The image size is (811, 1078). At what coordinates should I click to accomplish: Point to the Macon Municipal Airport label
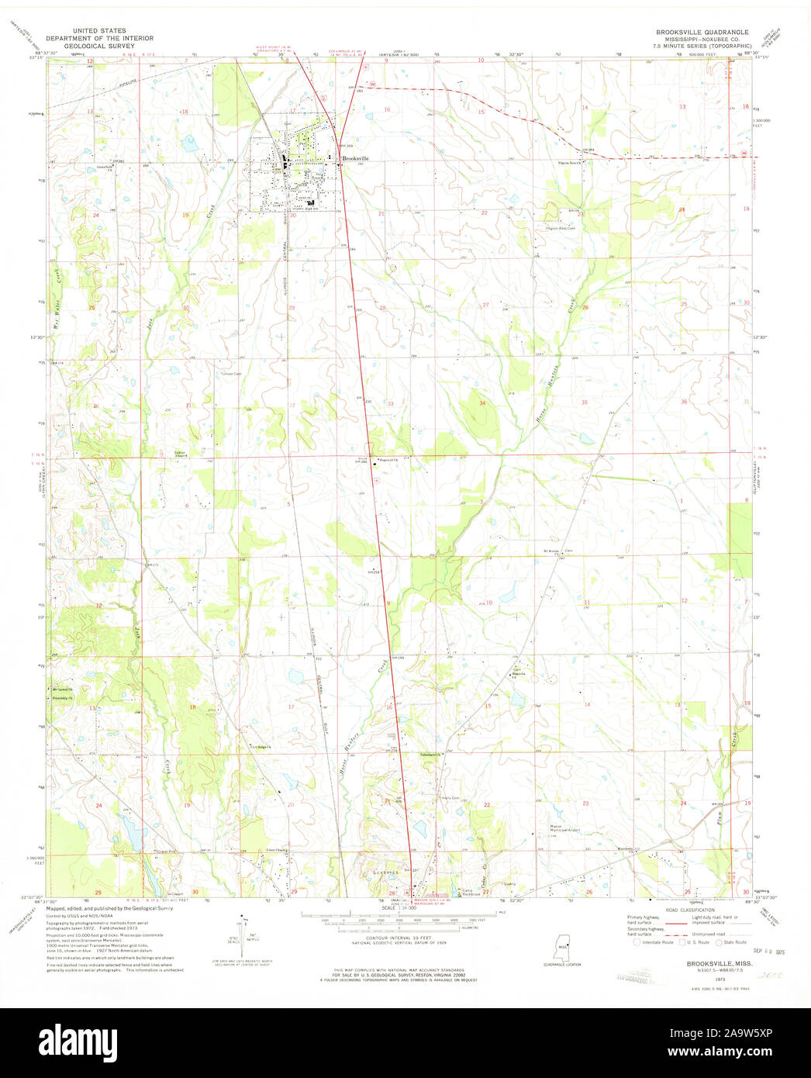point(566,828)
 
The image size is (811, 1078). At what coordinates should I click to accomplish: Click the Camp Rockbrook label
point(472,892)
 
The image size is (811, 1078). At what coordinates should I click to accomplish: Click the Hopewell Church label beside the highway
point(387,458)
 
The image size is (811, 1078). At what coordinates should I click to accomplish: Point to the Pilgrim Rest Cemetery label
point(561,228)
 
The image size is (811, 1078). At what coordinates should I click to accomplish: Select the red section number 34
point(482,403)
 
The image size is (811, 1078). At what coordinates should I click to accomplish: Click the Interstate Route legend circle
point(637,942)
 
